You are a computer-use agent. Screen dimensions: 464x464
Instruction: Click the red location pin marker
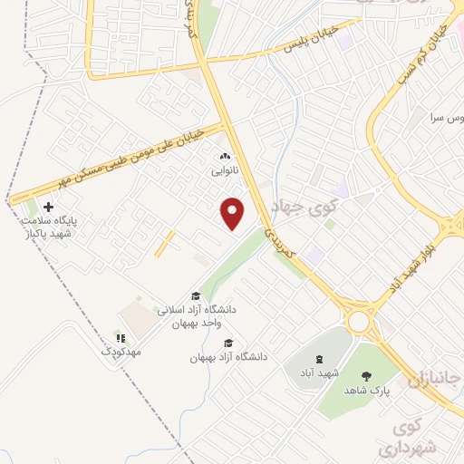[234, 214]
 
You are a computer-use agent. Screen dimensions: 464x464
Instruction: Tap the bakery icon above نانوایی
[226, 156]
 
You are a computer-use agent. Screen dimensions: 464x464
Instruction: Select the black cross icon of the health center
[48, 208]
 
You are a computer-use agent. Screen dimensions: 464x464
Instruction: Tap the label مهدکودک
[122, 351]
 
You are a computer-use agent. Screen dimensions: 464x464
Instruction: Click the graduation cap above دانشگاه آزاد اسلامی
[195, 295]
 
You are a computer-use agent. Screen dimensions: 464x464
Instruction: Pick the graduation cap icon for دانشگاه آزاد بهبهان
[228, 343]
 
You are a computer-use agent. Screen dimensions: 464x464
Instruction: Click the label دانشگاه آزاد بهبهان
[228, 357]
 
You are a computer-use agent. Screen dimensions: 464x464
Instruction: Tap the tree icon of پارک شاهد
[366, 376]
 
